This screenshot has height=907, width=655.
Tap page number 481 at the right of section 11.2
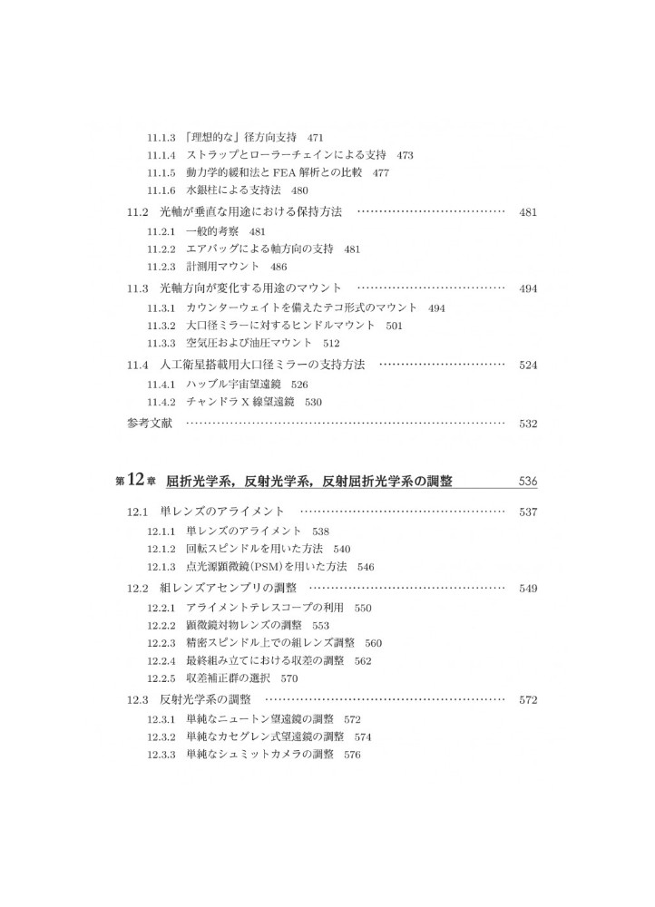(528, 212)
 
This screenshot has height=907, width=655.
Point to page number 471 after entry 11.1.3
(316, 138)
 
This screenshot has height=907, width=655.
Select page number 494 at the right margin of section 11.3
(528, 288)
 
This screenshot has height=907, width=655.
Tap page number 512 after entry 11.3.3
(330, 342)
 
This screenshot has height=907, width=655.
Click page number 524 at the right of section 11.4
(528, 365)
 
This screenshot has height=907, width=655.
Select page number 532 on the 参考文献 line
(528, 423)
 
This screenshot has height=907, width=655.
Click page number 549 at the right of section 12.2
(528, 589)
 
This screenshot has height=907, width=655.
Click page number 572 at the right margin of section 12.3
(528, 700)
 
